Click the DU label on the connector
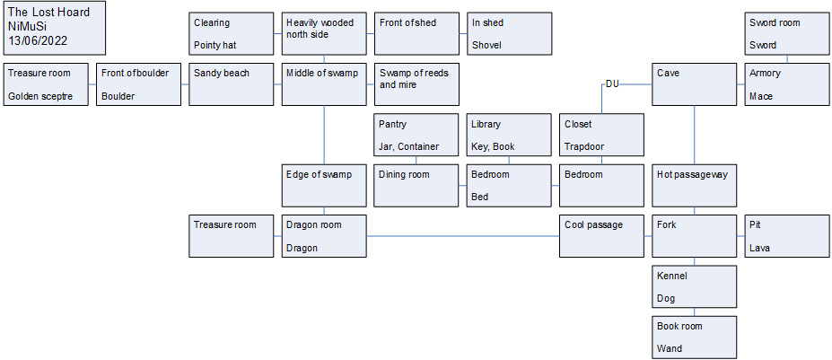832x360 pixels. pos(612,83)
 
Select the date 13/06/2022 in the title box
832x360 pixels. pos(39,40)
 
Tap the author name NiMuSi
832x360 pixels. pos(27,27)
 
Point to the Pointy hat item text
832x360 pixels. pos(215,45)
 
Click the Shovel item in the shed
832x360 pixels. pos(486,45)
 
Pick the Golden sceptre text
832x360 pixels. pos(40,96)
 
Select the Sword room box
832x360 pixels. pos(787,33)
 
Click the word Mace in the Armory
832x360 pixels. pos(761,96)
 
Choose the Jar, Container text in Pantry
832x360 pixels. pos(408,146)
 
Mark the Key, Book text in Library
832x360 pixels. pos(493,146)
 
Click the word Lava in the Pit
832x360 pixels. pos(760,248)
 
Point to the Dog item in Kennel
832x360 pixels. pos(666,298)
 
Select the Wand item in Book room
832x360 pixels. pos(670,349)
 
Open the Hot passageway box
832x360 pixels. pos(695,185)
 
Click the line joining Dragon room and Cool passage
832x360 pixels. pos(463,236)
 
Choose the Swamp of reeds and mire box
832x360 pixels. pos(416,83)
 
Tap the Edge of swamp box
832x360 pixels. pos(324,185)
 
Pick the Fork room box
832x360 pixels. pos(695,236)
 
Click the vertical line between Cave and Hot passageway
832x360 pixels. pos(695,135)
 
